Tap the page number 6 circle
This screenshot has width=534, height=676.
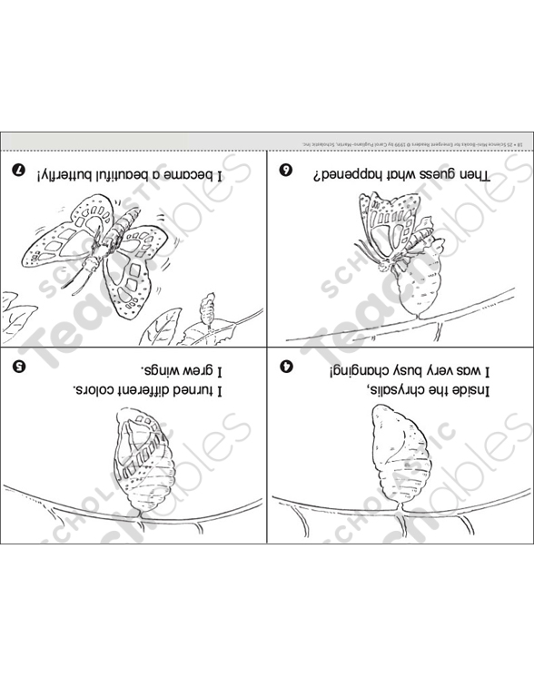click(x=284, y=169)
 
